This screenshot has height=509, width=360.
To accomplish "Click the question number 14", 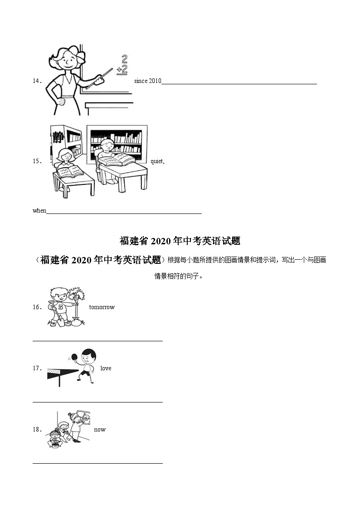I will (37, 81).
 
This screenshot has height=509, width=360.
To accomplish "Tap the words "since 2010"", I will (147, 81).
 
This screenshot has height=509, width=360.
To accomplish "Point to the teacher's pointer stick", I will (97, 79).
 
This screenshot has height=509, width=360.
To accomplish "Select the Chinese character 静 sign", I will (58, 136).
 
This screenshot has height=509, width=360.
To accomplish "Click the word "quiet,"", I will (157, 161).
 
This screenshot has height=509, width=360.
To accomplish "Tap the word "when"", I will (39, 211).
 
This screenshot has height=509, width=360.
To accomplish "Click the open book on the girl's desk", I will (68, 172).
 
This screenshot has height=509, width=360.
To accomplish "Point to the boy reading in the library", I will (107, 152).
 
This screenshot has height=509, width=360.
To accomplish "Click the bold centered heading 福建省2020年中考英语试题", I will (180, 241).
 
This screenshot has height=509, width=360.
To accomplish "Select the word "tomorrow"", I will (102, 307).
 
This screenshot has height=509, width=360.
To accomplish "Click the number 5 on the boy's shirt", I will (60, 306).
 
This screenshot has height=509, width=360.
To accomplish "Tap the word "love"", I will (106, 368).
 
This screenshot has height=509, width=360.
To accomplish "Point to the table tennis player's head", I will (89, 355).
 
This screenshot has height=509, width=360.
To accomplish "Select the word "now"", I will (100, 430).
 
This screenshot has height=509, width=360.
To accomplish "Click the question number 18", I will (37, 430).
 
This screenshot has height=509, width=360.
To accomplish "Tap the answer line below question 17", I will (97, 402).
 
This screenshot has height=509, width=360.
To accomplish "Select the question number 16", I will (37, 307).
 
